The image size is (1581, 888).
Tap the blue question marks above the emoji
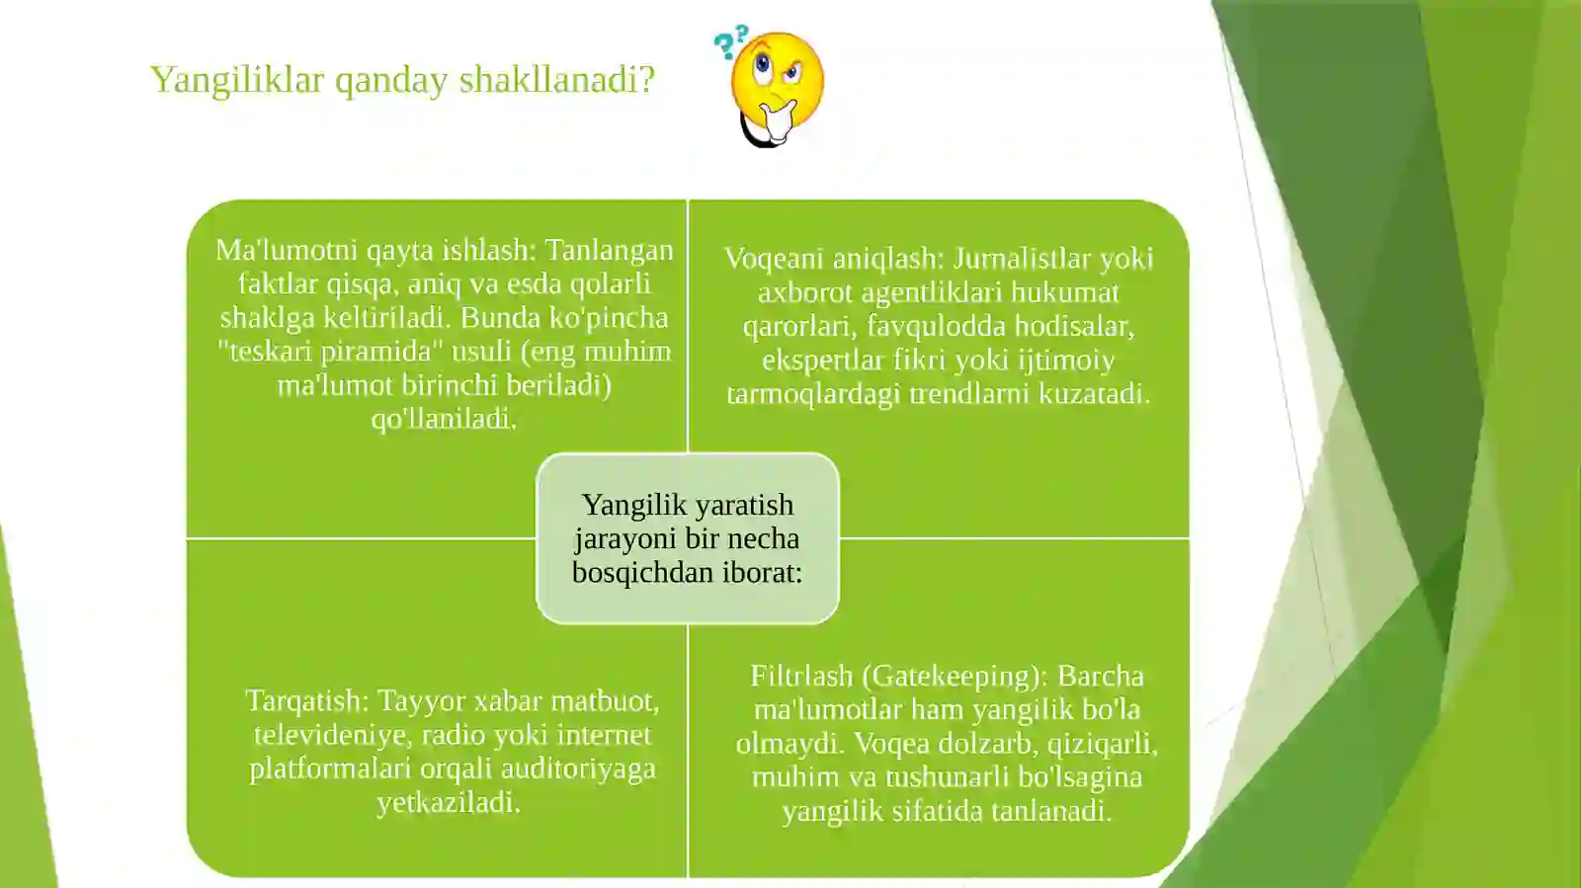pyautogui.click(x=731, y=41)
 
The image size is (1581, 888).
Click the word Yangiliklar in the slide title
pyautogui.click(x=237, y=80)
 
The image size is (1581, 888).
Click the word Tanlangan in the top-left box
pyautogui.click(x=609, y=250)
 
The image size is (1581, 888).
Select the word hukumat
pyautogui.click(x=1071, y=292)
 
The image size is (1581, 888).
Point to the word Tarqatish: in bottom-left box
pyautogui.click(x=306, y=701)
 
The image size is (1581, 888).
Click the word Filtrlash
pyautogui.click(x=801, y=677)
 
